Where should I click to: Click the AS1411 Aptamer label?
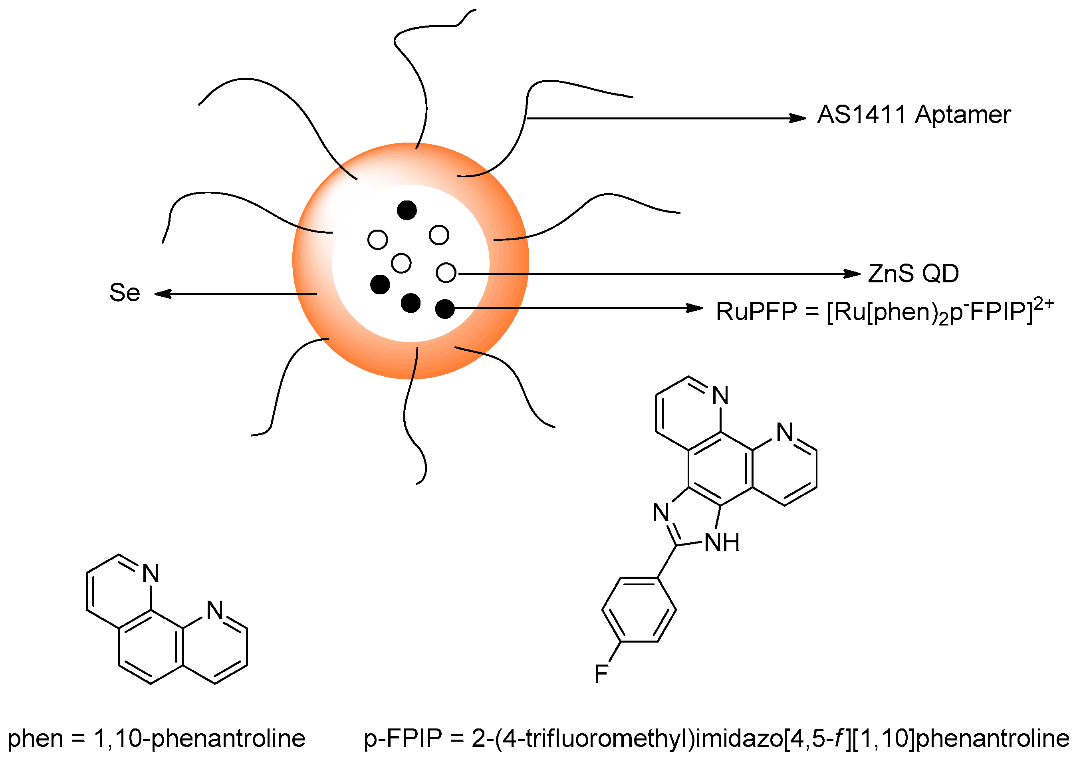(914, 115)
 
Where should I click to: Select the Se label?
(125, 292)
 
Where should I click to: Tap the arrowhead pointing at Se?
(163, 294)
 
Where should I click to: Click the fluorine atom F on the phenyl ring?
(601, 674)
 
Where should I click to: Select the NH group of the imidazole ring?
(722, 542)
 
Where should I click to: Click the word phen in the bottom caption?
(35, 738)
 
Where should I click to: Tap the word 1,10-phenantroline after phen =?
(200, 738)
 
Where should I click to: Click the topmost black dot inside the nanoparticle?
(407, 210)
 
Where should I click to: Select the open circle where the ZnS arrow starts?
(446, 273)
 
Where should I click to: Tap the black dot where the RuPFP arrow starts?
(444, 309)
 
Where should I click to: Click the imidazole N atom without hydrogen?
(661, 512)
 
